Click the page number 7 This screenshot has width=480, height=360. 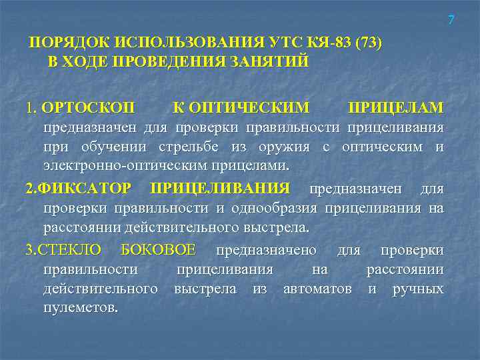(x=451, y=21)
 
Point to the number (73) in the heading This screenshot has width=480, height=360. (x=369, y=44)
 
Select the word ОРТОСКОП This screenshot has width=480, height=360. (x=87, y=107)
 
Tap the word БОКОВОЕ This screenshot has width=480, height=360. (x=158, y=250)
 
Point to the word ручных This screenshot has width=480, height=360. (x=419, y=289)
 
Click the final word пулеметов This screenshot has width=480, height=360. (x=81, y=308)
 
